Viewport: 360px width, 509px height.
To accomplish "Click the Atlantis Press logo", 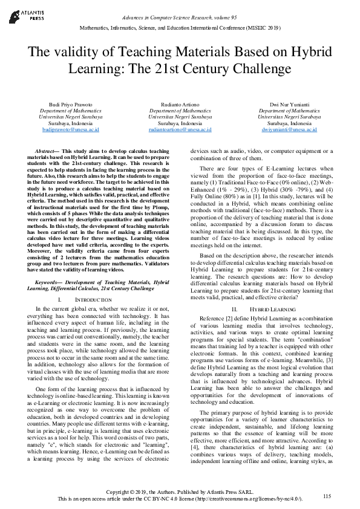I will (25, 14).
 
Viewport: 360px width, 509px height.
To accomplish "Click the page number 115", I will (327, 496).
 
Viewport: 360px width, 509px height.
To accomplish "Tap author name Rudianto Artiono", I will (180, 105).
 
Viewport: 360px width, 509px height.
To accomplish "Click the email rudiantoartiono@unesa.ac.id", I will (180, 129).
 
